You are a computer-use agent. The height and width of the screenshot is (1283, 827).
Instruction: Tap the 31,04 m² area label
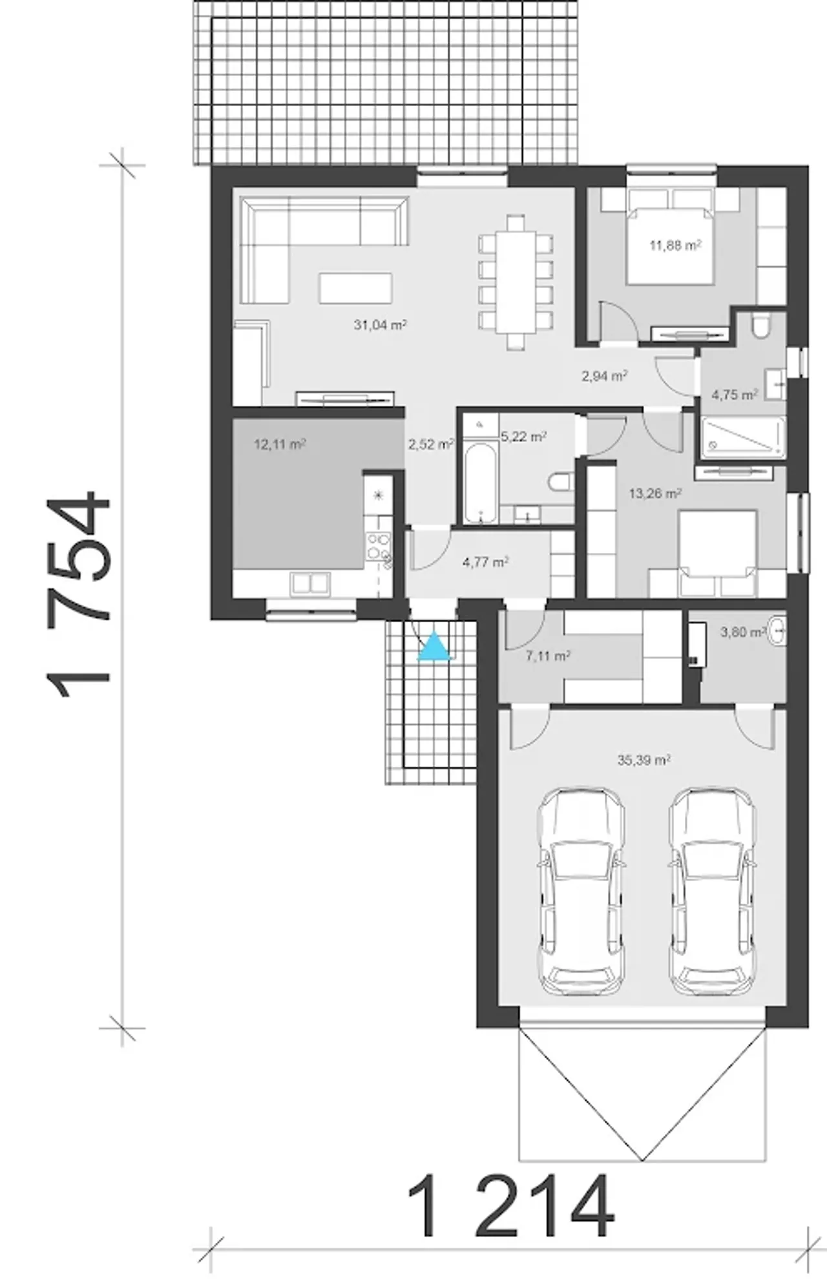(380, 324)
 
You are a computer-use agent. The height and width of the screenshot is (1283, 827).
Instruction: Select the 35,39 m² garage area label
(644, 760)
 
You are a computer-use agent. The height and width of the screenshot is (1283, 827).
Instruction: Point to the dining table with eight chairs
(516, 282)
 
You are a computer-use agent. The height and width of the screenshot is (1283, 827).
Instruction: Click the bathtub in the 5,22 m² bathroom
(480, 483)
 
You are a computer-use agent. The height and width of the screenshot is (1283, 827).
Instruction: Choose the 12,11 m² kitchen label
(280, 444)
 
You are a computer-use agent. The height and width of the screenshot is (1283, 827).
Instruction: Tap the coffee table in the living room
(355, 287)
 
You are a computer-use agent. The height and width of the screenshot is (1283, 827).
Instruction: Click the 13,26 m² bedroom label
(655, 494)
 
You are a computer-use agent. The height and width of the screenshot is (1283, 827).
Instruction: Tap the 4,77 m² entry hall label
(485, 562)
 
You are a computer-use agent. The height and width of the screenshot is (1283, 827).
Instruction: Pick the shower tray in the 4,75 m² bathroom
(743, 437)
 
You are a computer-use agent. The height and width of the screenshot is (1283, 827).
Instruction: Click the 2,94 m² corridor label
(605, 375)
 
